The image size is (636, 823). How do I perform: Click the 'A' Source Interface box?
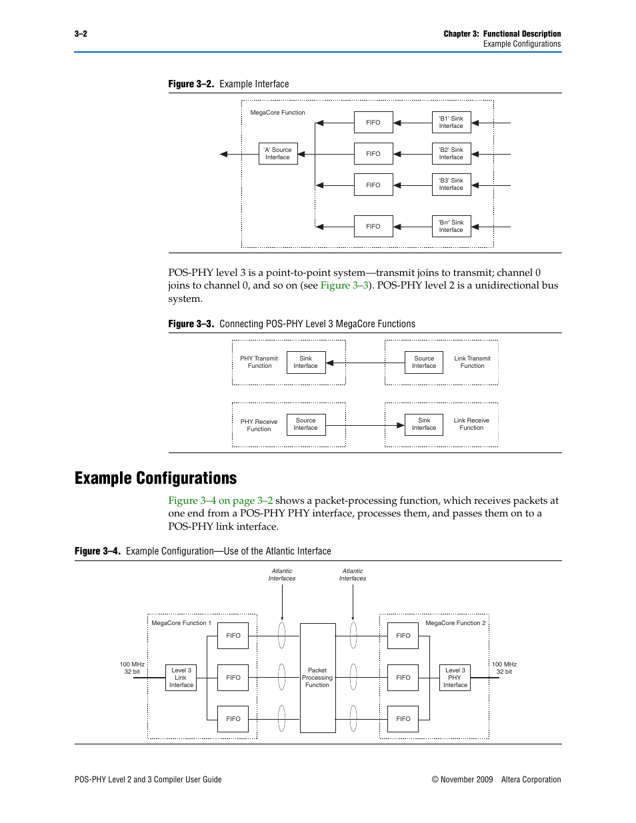coord(277,154)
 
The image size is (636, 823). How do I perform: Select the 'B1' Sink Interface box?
coord(451,123)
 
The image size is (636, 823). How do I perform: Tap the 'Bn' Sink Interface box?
coord(451,227)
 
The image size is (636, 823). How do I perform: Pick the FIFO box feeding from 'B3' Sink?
coord(373,185)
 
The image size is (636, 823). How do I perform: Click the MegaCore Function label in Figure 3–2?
coord(277,113)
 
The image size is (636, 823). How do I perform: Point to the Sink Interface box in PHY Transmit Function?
coord(306,363)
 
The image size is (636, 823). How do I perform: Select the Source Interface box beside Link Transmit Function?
coord(424,363)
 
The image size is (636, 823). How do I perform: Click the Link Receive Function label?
coord(471,424)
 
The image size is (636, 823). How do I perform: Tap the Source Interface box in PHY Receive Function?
coord(306,424)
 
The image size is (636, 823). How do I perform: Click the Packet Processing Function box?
coord(317,678)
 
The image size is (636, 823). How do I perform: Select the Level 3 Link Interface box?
coord(181,678)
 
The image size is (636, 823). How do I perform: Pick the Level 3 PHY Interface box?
coord(455,678)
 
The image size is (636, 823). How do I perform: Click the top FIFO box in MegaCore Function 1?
coord(233,636)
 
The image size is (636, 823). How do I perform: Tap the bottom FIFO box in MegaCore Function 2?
coord(403,719)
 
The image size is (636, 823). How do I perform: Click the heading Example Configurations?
coord(155,478)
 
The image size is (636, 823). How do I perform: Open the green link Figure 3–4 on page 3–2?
coord(220,500)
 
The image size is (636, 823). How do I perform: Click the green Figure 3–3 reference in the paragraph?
coord(344,285)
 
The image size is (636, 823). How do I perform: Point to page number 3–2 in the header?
coord(81,34)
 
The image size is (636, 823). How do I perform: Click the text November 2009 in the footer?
coord(467,780)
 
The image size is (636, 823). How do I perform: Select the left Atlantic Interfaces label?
coord(282,575)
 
